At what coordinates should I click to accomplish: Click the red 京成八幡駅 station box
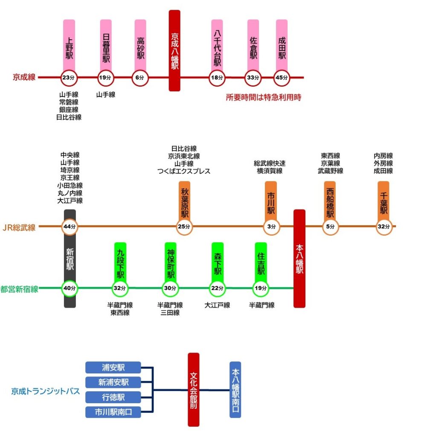(x=174, y=50)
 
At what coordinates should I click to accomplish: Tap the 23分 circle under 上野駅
(x=68, y=78)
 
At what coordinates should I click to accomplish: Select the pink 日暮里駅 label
(x=106, y=44)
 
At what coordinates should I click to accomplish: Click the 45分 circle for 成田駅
(x=281, y=78)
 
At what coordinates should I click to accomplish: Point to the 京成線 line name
(x=24, y=77)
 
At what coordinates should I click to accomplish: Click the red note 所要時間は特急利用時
(x=264, y=97)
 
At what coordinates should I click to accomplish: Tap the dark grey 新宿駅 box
(x=70, y=259)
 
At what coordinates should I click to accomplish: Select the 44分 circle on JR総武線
(x=69, y=227)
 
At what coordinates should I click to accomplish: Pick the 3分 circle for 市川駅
(x=271, y=227)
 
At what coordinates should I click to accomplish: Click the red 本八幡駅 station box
(x=299, y=258)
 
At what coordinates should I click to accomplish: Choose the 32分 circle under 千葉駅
(x=384, y=227)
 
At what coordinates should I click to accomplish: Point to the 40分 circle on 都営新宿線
(x=69, y=288)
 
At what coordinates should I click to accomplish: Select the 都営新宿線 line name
(x=20, y=289)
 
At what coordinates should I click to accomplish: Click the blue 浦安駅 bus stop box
(x=113, y=367)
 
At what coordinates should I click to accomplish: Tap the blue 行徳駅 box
(x=113, y=397)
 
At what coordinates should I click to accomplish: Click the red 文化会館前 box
(x=194, y=389)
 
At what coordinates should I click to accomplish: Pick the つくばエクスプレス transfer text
(x=183, y=171)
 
